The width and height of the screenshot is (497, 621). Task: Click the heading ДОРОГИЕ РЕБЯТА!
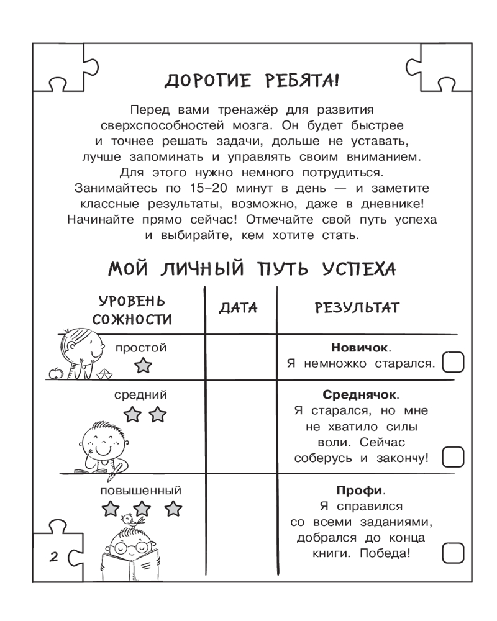click(x=252, y=81)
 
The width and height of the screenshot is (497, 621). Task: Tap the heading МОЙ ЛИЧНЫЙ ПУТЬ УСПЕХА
click(x=252, y=270)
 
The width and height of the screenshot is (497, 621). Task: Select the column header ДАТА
click(x=239, y=309)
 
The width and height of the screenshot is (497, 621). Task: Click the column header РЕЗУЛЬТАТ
click(x=357, y=309)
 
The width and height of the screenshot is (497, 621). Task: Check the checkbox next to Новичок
click(x=453, y=363)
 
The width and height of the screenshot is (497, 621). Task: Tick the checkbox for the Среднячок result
click(x=453, y=458)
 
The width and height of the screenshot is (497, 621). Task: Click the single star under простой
click(x=144, y=365)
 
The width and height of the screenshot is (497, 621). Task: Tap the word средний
click(x=140, y=394)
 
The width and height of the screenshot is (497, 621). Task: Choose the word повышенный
click(x=140, y=491)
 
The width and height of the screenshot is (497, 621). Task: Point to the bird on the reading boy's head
click(x=130, y=518)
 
